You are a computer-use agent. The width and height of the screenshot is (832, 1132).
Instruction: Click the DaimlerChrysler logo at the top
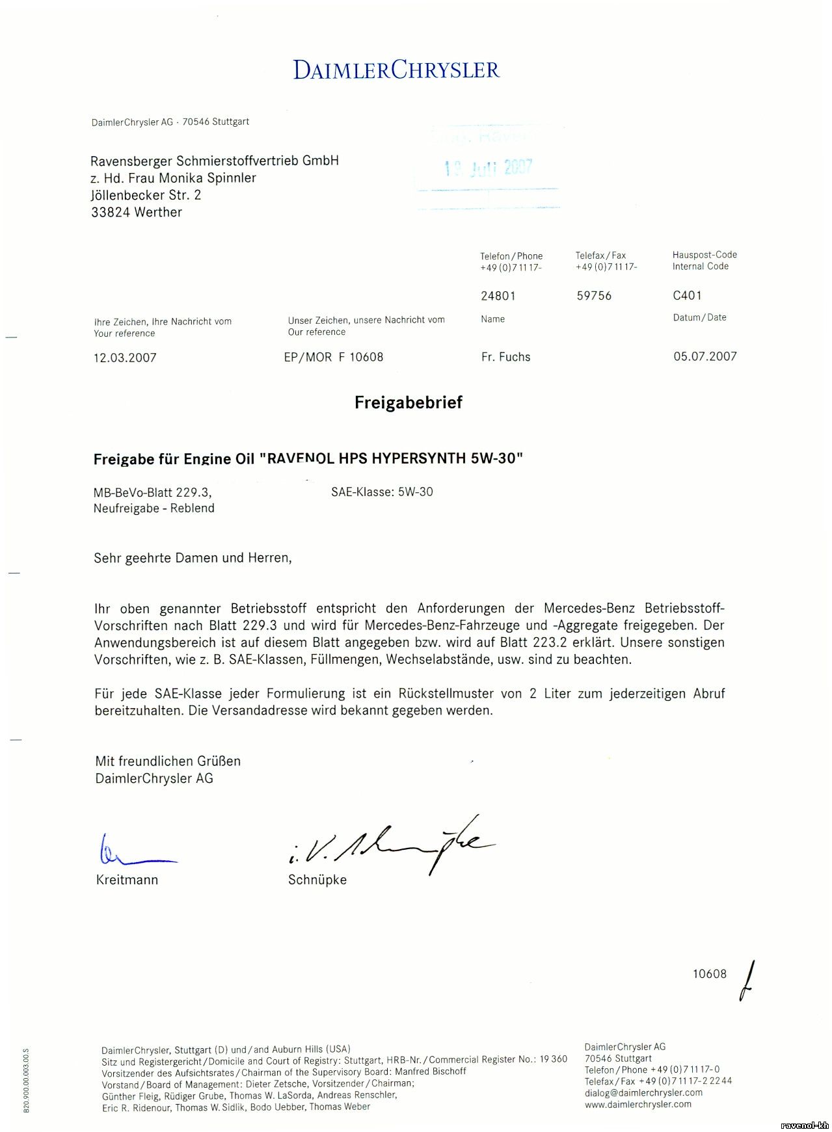[396, 70]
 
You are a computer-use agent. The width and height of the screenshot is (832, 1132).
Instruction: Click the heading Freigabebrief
[408, 402]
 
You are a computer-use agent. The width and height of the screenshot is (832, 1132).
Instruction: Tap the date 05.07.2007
[705, 356]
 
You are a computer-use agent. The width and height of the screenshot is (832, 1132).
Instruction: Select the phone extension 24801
[498, 296]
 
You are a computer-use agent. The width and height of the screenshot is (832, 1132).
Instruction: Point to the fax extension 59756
[594, 296]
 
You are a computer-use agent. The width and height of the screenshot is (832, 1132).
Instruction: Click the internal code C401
[687, 296]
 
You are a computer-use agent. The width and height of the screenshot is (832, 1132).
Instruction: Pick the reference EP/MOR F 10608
[334, 357]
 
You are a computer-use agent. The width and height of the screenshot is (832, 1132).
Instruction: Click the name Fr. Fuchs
[505, 357]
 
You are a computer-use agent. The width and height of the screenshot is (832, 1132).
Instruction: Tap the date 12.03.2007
[125, 358]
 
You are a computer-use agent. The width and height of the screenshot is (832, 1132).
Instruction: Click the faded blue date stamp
[489, 168]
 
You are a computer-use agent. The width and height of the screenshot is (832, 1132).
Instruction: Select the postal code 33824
[111, 212]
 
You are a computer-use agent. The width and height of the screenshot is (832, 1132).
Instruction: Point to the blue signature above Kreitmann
[133, 852]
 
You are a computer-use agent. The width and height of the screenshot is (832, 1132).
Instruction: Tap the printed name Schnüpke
[317, 880]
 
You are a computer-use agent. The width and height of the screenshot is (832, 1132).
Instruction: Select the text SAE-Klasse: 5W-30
[382, 492]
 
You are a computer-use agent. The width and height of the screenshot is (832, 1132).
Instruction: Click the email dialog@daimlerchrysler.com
[643, 1092]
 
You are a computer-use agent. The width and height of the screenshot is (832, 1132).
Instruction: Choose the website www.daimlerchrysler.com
[637, 1104]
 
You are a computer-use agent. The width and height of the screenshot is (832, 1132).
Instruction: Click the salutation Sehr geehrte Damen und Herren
[193, 558]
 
